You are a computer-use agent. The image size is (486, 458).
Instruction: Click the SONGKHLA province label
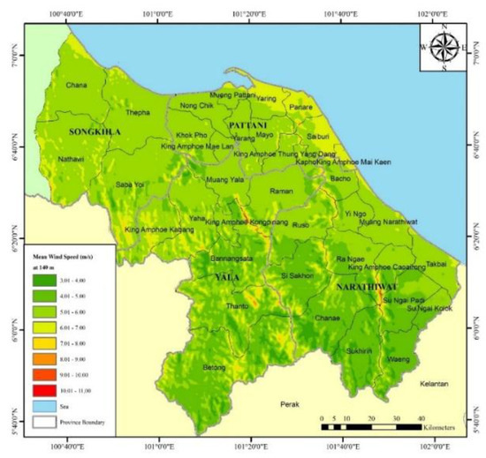pos(93,131)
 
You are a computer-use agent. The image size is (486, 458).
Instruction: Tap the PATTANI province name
pos(248,125)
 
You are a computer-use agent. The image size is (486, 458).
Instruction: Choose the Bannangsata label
pos(232,259)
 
